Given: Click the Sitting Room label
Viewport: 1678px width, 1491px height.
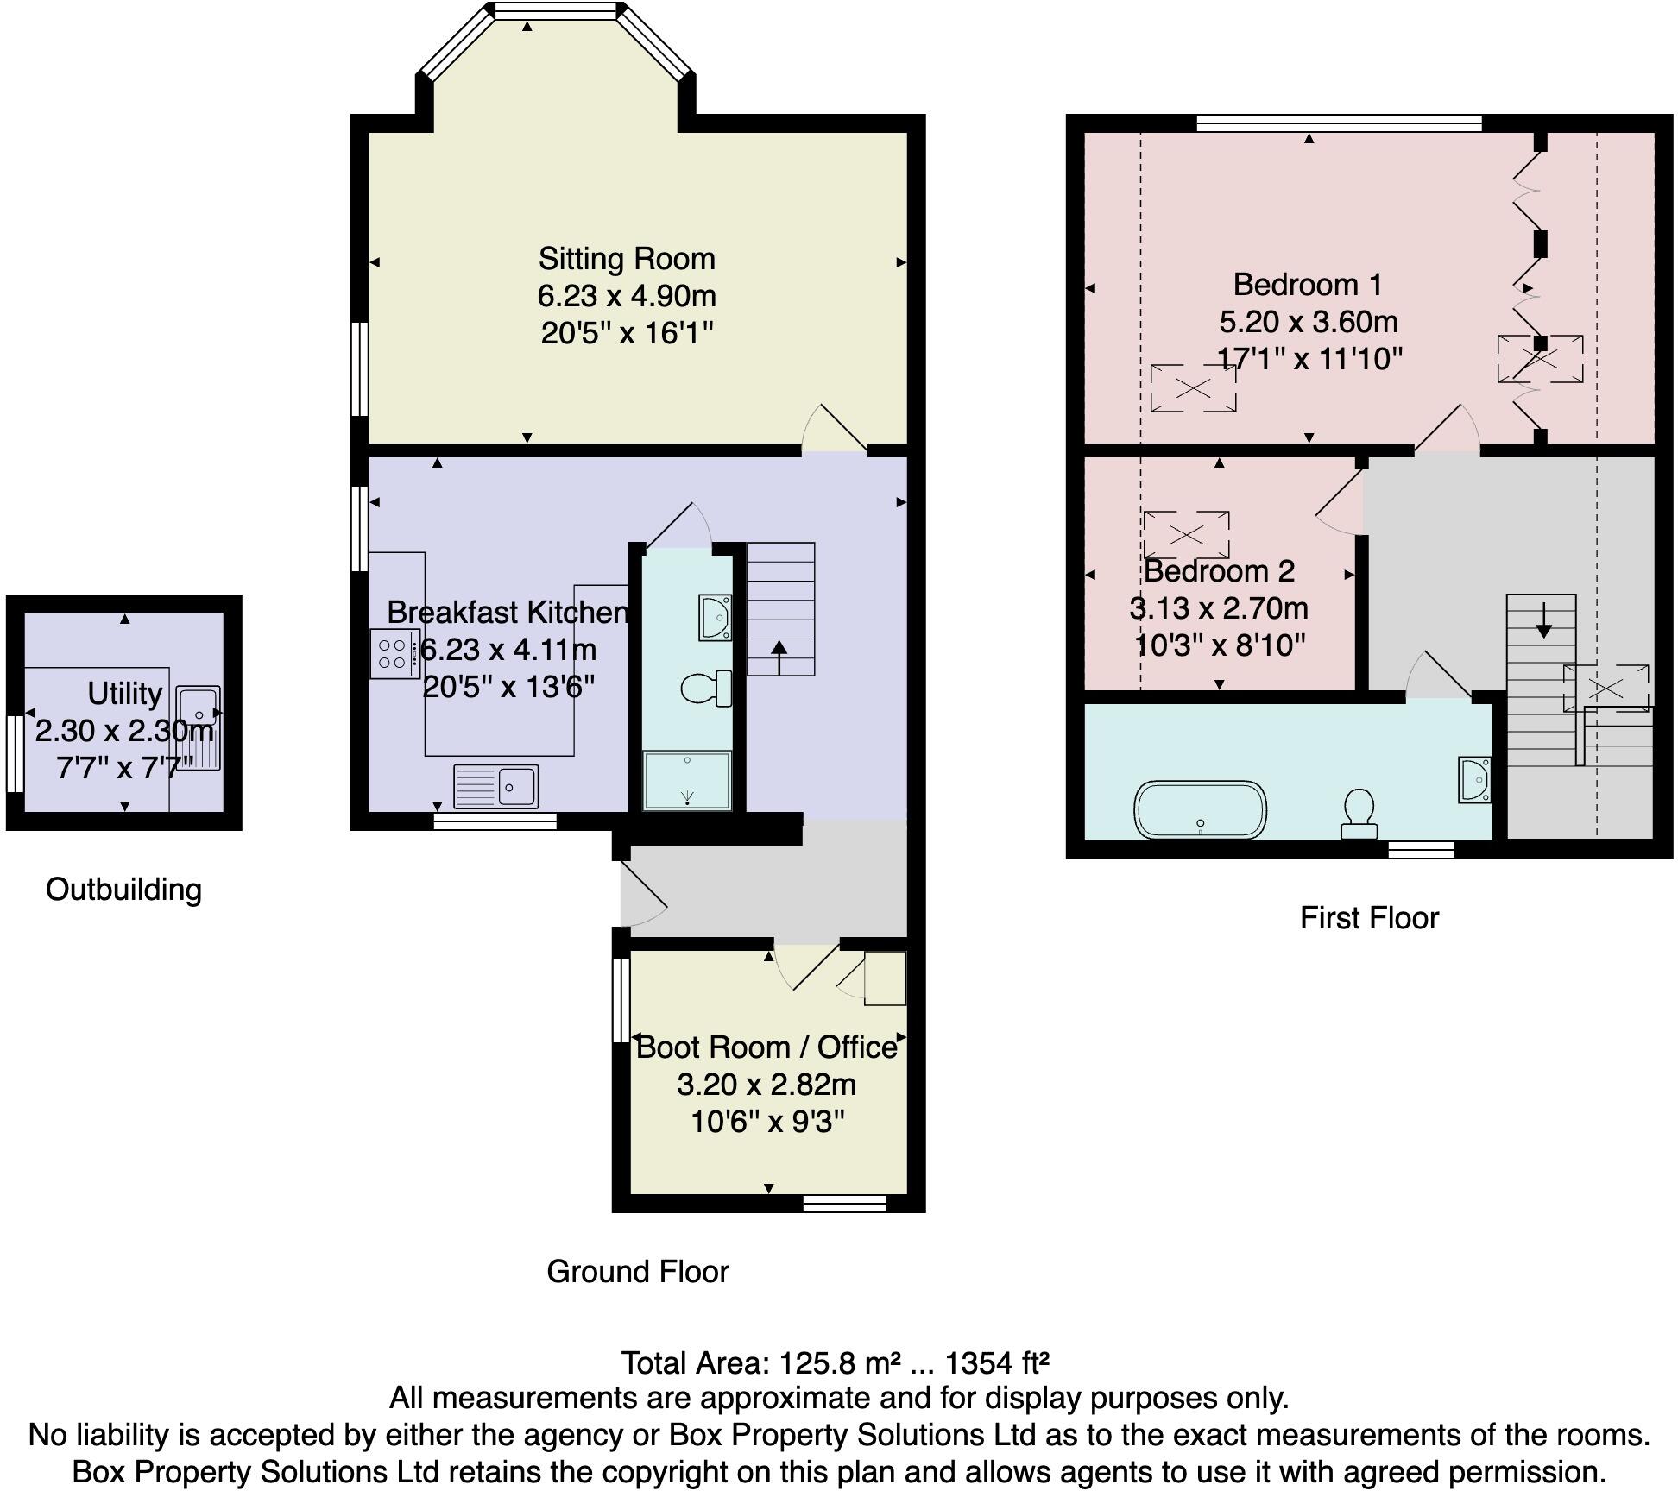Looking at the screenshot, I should click(627, 259).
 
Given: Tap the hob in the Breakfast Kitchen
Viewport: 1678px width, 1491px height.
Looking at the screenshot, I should click(394, 654).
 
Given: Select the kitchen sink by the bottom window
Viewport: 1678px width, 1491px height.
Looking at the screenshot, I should click(496, 786).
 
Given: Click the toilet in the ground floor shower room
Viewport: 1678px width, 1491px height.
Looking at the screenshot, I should click(706, 689).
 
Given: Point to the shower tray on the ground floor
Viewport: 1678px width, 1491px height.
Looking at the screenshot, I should click(687, 781).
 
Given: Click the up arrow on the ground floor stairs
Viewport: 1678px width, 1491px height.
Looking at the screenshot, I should click(779, 657).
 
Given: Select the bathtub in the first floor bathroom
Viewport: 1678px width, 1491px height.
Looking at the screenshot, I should click(1200, 809).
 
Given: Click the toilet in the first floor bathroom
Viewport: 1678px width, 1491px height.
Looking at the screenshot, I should click(1359, 812).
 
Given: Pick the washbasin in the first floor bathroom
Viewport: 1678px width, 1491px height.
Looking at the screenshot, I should click(1474, 780).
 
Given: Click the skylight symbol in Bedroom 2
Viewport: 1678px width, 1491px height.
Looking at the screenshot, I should click(1186, 535).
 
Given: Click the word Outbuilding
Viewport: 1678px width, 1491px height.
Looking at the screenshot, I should click(123, 890).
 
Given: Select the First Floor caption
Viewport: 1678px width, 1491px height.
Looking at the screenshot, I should click(1369, 917).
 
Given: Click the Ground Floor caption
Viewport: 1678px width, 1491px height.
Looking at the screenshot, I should click(638, 1271).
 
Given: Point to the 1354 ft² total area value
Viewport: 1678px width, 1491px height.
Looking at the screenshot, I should click(997, 1362).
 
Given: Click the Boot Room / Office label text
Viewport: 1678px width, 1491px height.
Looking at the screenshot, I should click(766, 1047).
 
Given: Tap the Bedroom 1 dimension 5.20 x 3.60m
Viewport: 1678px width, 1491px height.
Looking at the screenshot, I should click(1308, 322).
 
